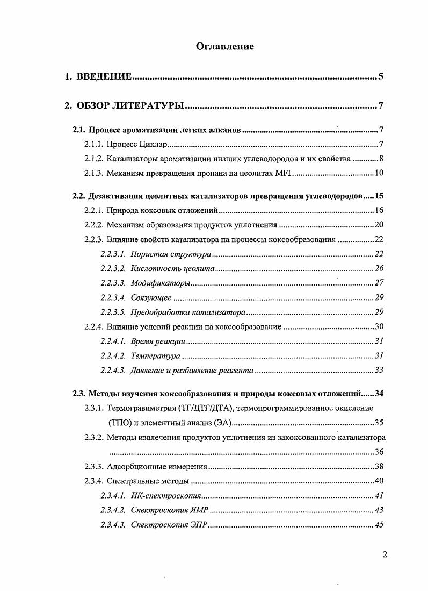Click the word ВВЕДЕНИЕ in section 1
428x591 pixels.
tap(104, 76)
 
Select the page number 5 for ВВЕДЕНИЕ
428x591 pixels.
tap(380, 76)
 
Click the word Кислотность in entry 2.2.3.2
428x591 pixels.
tap(153, 268)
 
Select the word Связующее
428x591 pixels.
tap(151, 297)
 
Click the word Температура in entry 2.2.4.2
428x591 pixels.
tap(156, 355)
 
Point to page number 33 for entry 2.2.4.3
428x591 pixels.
tap(378, 370)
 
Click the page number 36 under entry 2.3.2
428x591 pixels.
tap(378, 452)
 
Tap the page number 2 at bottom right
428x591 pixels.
tap(385, 555)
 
